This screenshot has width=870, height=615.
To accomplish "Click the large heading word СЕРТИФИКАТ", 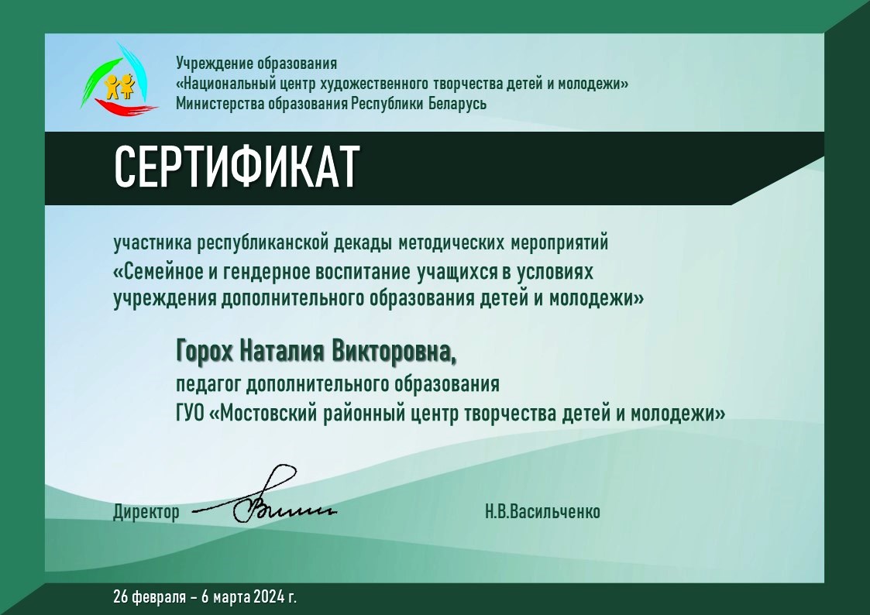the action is point(237,167).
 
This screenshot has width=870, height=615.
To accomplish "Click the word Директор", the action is point(146,511).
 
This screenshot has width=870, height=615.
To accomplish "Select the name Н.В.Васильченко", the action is point(542,510).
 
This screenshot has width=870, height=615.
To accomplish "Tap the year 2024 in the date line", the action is point(269,596).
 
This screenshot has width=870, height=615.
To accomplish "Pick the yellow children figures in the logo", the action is point(120,87).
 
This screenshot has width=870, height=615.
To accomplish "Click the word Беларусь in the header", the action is point(457,104).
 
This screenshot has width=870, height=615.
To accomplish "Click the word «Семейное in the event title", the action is point(157,272).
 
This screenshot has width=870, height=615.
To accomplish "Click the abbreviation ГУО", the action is point(191,414).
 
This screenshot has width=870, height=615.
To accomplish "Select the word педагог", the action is point(208,384).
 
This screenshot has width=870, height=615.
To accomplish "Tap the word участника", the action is point(153,243).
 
